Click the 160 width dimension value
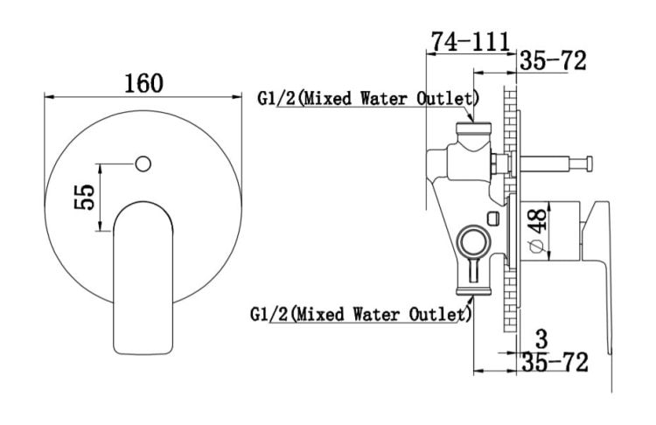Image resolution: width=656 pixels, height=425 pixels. pos(143,83)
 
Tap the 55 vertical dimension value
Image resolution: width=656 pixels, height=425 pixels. pos(85,197)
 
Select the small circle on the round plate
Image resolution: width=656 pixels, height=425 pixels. pos(143,164)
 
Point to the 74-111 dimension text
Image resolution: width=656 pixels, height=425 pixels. pos(471,41)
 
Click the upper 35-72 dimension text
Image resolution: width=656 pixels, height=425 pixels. pos(553,61)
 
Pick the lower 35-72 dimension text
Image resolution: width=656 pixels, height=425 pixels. pos(555,362)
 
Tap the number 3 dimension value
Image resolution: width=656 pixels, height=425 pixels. pos(541,339)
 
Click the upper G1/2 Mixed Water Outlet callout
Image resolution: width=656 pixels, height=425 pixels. pos(368,99)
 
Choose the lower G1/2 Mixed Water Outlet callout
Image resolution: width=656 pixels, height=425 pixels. pos(360,314)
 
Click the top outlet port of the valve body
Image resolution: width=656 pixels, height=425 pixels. pos(473,129)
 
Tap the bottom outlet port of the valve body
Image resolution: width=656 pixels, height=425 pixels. pos(473,291)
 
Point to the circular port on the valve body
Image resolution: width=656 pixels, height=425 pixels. pos(473,242)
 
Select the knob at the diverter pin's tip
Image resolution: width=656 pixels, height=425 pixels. pos(589,164)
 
